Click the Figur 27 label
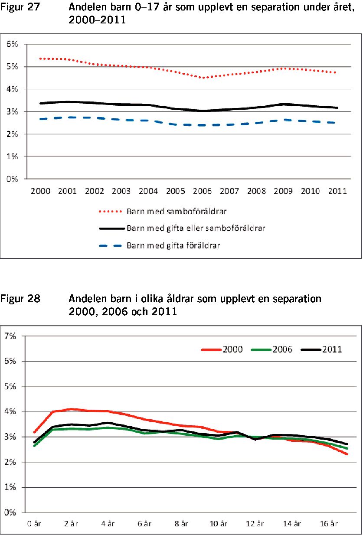click(20, 7)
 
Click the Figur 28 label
click(20, 299)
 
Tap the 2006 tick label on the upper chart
click(202, 191)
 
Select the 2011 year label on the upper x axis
click(337, 191)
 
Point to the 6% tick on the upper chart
click(12, 44)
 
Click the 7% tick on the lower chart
click(10, 336)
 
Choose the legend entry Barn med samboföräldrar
click(163, 212)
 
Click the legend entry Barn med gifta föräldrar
click(160, 245)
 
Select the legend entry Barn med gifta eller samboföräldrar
click(182, 228)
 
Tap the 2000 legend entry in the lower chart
click(222, 349)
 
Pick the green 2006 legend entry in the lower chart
click(272, 349)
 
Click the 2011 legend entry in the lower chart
click(321, 349)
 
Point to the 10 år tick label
click(218, 524)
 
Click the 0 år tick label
click(34, 524)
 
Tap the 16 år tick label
click(329, 524)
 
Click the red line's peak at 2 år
click(71, 409)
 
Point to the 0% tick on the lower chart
click(10, 512)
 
